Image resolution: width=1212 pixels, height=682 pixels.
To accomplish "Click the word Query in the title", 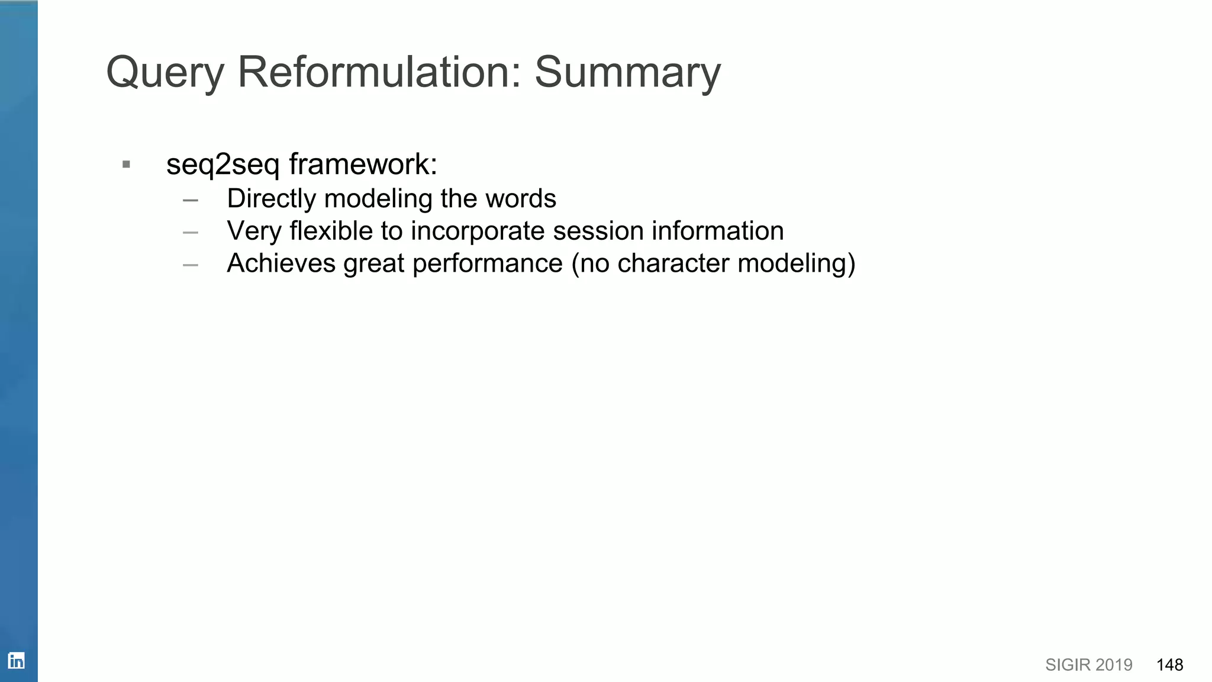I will [165, 73].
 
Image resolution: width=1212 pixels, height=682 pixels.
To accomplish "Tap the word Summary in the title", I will [627, 73].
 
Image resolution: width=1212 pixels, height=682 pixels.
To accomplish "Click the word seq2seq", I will [223, 165].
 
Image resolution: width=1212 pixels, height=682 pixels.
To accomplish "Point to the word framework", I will [363, 164].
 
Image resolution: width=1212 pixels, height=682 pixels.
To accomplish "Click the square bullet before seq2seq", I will [126, 165].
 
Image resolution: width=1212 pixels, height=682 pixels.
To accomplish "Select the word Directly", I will [272, 199].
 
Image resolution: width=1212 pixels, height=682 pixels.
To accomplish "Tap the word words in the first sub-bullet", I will [521, 199].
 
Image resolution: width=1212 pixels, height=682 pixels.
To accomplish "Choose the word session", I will [598, 231].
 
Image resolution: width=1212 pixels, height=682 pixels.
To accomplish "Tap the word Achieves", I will [281, 263].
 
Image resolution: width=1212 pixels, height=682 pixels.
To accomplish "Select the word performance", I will [487, 264].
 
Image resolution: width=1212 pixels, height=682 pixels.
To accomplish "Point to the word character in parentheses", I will [673, 263].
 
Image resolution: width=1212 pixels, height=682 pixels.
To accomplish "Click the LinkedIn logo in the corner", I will [16, 661].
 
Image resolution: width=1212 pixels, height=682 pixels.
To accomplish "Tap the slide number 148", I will [1169, 665].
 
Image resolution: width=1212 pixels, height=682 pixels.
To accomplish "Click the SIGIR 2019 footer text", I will [1088, 665].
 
